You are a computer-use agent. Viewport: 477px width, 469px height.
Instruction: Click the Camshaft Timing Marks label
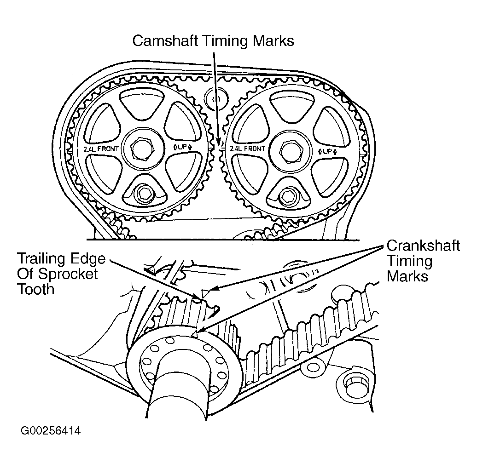tap(213, 40)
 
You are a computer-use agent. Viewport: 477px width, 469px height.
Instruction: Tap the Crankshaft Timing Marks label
tap(423, 261)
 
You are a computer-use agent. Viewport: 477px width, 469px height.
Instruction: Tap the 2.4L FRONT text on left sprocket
tap(101, 149)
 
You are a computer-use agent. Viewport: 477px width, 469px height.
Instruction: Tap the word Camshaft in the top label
tap(162, 40)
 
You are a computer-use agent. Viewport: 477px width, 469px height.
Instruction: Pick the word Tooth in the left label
tap(35, 289)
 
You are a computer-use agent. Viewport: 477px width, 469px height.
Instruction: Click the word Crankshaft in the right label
tap(423, 246)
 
